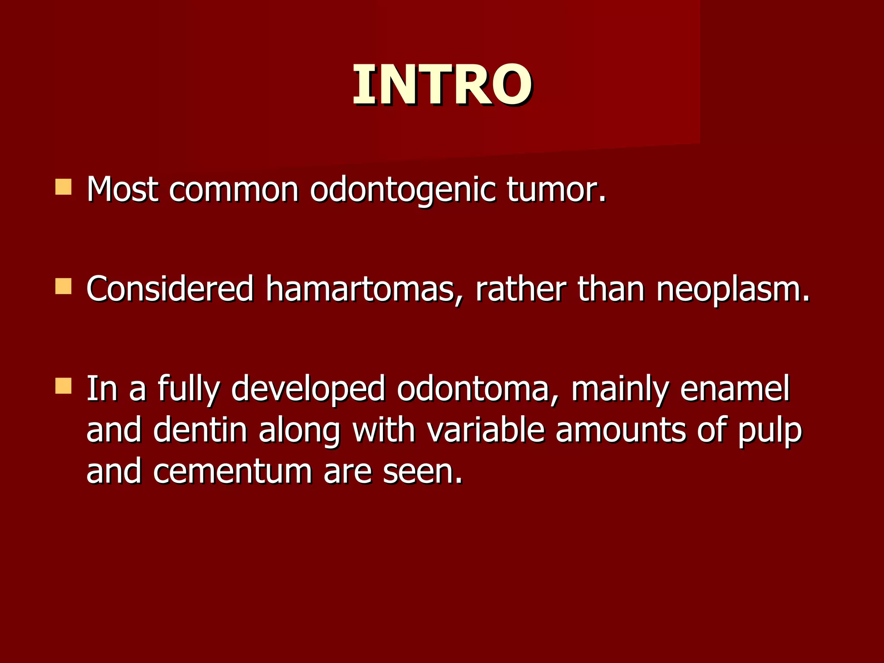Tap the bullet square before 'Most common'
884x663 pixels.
point(63,187)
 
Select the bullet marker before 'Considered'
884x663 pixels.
point(63,287)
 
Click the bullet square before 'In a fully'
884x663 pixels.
point(63,386)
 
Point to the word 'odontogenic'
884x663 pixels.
point(403,190)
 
